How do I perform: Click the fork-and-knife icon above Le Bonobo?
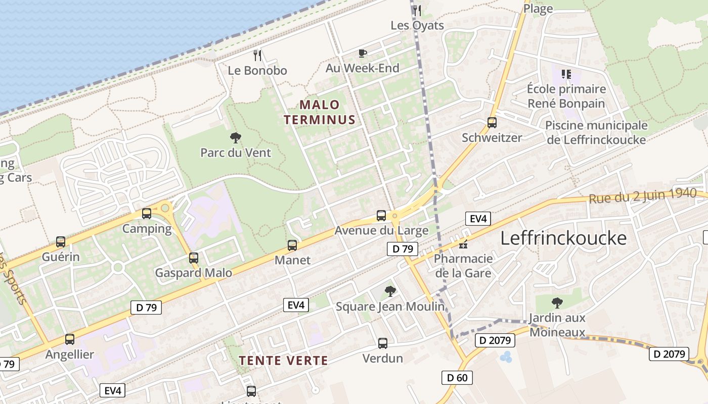tap(257, 55)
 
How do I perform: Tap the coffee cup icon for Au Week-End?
tap(362, 53)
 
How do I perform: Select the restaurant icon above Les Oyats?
tap(417, 10)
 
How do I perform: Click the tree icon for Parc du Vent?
tap(235, 137)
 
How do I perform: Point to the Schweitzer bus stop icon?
tap(492, 122)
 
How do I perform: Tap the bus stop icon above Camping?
tap(147, 213)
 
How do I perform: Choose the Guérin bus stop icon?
tap(61, 241)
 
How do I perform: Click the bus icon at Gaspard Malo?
tap(193, 258)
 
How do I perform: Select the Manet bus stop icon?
tap(292, 245)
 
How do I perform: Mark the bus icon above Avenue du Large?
tap(381, 216)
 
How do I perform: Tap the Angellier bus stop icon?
tap(70, 339)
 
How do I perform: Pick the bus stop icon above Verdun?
tap(383, 343)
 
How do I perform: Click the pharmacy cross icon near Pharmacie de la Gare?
tap(463, 245)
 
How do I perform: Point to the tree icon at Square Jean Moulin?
tap(390, 291)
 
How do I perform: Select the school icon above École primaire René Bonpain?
tap(566, 74)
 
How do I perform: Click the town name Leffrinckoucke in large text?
tap(563, 238)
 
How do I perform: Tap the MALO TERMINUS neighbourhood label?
tap(320, 112)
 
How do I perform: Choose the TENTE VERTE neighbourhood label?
tap(283, 361)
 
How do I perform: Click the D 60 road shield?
tap(457, 377)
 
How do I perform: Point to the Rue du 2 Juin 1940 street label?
tap(642, 195)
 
